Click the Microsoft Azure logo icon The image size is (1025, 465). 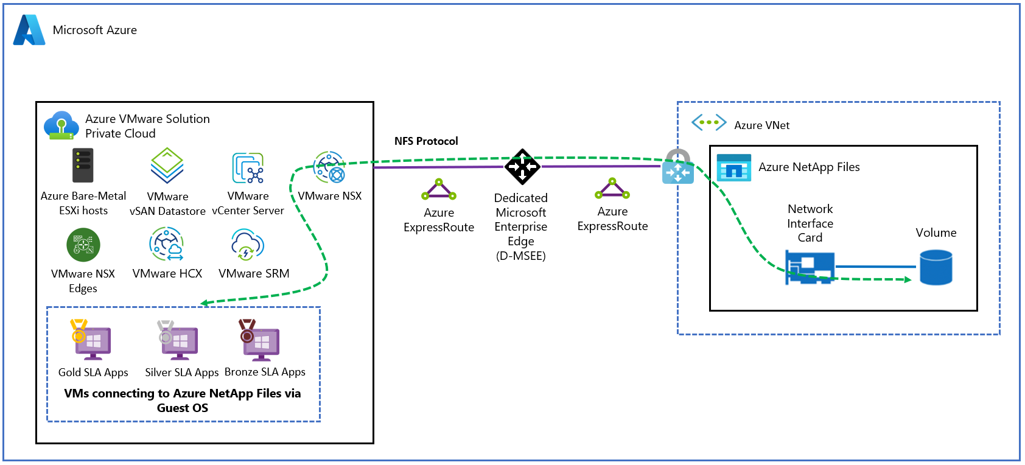pos(29,30)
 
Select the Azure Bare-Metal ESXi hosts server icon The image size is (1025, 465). pos(83,165)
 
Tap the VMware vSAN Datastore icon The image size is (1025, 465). pos(167,166)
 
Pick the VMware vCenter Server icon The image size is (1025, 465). pos(248,168)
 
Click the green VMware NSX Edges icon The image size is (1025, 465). pos(83,245)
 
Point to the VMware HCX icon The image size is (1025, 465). pos(167,244)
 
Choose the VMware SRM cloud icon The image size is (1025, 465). pos(248,245)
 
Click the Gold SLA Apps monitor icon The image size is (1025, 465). pos(91,339)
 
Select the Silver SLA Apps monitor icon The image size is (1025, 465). pos(178,339)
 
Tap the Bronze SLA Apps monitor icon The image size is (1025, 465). pos(259,339)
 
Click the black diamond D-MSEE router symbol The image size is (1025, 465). pos(522,167)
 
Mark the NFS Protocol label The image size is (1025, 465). pos(426,141)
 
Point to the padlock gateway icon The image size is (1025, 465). pos(677,166)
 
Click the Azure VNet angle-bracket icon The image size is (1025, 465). pos(709,123)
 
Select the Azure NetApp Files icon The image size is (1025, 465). pos(734,167)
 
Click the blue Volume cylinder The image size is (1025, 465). pos(936,267)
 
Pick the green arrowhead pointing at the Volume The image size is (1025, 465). pos(908,279)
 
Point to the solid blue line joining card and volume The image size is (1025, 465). pos(875,267)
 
